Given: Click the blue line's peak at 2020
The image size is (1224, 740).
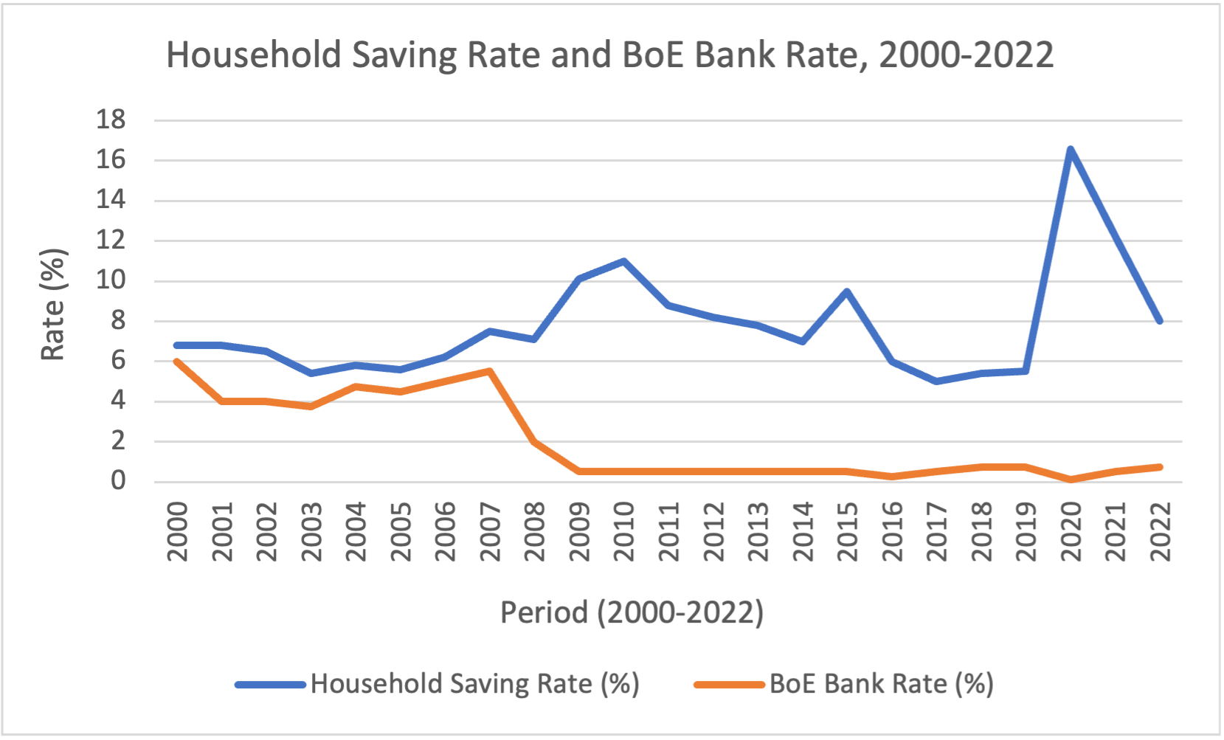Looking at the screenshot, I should point(1070,149).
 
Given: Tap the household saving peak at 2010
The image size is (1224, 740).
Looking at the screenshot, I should point(623,260).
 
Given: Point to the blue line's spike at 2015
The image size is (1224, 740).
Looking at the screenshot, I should point(847,291).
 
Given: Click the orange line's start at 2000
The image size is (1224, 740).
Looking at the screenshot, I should point(177,362).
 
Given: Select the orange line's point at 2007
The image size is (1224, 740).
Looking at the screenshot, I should point(490,371).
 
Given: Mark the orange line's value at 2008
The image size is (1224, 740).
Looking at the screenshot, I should point(534,442).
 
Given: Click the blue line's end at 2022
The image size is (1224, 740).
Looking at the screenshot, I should point(1159,321).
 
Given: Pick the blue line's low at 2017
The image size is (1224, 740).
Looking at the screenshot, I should point(936,381).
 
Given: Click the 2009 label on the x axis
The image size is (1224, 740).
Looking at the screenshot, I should point(579,531).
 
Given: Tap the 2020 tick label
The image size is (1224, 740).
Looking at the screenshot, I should point(1070,531).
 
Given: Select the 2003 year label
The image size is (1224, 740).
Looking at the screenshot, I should point(311,531).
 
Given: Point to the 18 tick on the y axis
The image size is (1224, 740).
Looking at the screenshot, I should point(111,120).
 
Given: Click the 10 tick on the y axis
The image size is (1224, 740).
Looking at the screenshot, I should point(111,280).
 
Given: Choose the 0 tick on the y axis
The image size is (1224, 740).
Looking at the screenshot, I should point(118,481).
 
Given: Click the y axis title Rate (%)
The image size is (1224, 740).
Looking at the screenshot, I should point(53,304).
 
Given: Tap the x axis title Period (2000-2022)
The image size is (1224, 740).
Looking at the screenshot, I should point(632,612).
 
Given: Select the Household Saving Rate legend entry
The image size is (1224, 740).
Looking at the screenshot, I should point(474,684).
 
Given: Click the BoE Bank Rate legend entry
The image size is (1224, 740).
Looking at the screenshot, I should point(881,684).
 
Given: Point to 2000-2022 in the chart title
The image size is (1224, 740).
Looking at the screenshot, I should point(966,55).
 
